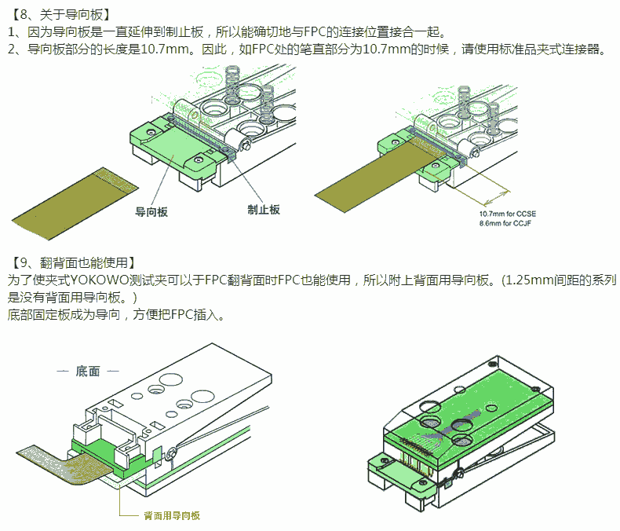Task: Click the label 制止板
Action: (x=263, y=210)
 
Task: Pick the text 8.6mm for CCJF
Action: (x=506, y=223)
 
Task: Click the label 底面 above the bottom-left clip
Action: (x=88, y=371)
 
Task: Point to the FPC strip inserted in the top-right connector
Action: (x=377, y=177)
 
